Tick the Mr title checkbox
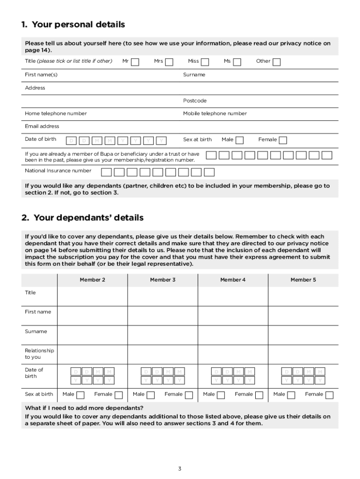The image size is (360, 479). (x=135, y=62)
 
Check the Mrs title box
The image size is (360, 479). (x=169, y=62)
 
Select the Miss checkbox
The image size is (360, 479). (x=205, y=62)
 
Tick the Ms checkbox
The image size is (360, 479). (x=238, y=62)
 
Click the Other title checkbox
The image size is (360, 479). (x=277, y=62)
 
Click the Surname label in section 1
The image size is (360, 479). (x=194, y=75)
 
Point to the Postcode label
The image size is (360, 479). (x=194, y=101)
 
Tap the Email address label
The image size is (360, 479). (x=42, y=126)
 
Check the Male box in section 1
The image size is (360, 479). (x=239, y=140)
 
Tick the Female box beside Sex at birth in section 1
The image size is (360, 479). (x=283, y=140)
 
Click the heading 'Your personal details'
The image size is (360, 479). (x=73, y=24)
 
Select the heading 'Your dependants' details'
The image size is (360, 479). (x=82, y=218)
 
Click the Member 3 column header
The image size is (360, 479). (x=163, y=280)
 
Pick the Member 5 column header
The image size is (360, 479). (x=303, y=280)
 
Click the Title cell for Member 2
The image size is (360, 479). (x=92, y=296)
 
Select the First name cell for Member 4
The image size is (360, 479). (x=233, y=316)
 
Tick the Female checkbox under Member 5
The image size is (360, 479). (x=329, y=395)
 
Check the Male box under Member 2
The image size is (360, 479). (x=80, y=395)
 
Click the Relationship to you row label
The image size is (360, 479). (x=39, y=354)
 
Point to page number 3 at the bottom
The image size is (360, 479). (x=180, y=469)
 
